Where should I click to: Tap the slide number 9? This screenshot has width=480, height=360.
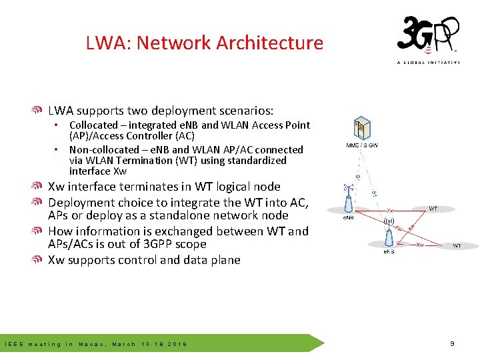point(452,344)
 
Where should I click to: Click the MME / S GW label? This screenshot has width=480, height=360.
point(361,145)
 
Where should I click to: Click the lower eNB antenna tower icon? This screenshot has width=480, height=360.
point(389,233)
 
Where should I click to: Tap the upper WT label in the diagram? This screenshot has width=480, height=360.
point(433,209)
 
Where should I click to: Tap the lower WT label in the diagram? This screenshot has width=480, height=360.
point(457,246)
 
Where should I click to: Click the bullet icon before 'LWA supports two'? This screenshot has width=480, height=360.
point(39,111)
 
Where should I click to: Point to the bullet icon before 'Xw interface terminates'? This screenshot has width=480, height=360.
point(39,187)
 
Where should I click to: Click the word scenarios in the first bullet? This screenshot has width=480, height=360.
point(243,111)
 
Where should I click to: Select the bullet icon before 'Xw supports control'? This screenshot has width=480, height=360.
point(39,260)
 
